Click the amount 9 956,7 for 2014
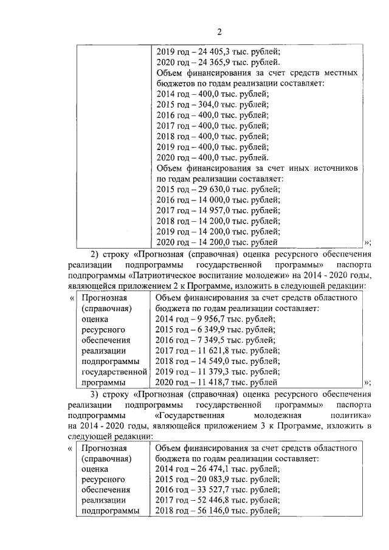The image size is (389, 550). pyautogui.click(x=207, y=318)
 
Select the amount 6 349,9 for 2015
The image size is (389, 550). pyautogui.click(x=207, y=329)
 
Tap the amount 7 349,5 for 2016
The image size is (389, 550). pyautogui.click(x=207, y=340)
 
